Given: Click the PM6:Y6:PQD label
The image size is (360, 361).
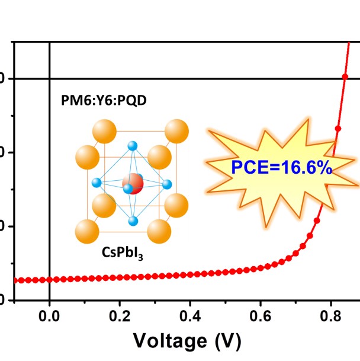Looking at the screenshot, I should point(104,100).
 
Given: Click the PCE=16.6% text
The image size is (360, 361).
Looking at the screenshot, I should point(281,168).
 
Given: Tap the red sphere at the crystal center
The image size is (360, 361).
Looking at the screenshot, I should point(134,184).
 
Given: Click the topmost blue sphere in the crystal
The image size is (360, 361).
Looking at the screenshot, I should point(133,146).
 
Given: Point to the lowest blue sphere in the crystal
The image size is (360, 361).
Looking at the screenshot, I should point(133,222).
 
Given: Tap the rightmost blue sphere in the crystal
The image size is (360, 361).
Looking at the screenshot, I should point(168,184).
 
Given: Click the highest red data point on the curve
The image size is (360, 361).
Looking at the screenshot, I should point(345,77).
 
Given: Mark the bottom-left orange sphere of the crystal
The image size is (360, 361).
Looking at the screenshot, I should point(88,230).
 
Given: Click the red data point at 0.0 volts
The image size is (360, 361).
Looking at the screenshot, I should point(49,279).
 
